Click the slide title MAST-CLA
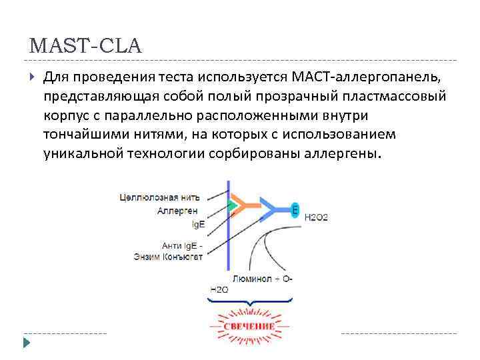tap(86, 47)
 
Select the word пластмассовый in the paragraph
tap(395, 97)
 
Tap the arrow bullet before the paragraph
tap(31, 78)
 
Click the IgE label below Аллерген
tap(198, 224)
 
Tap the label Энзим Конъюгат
tap(167, 257)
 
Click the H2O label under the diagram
tap(219, 289)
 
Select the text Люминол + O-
tap(262, 278)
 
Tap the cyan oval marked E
tap(295, 210)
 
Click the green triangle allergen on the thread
tap(232, 205)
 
